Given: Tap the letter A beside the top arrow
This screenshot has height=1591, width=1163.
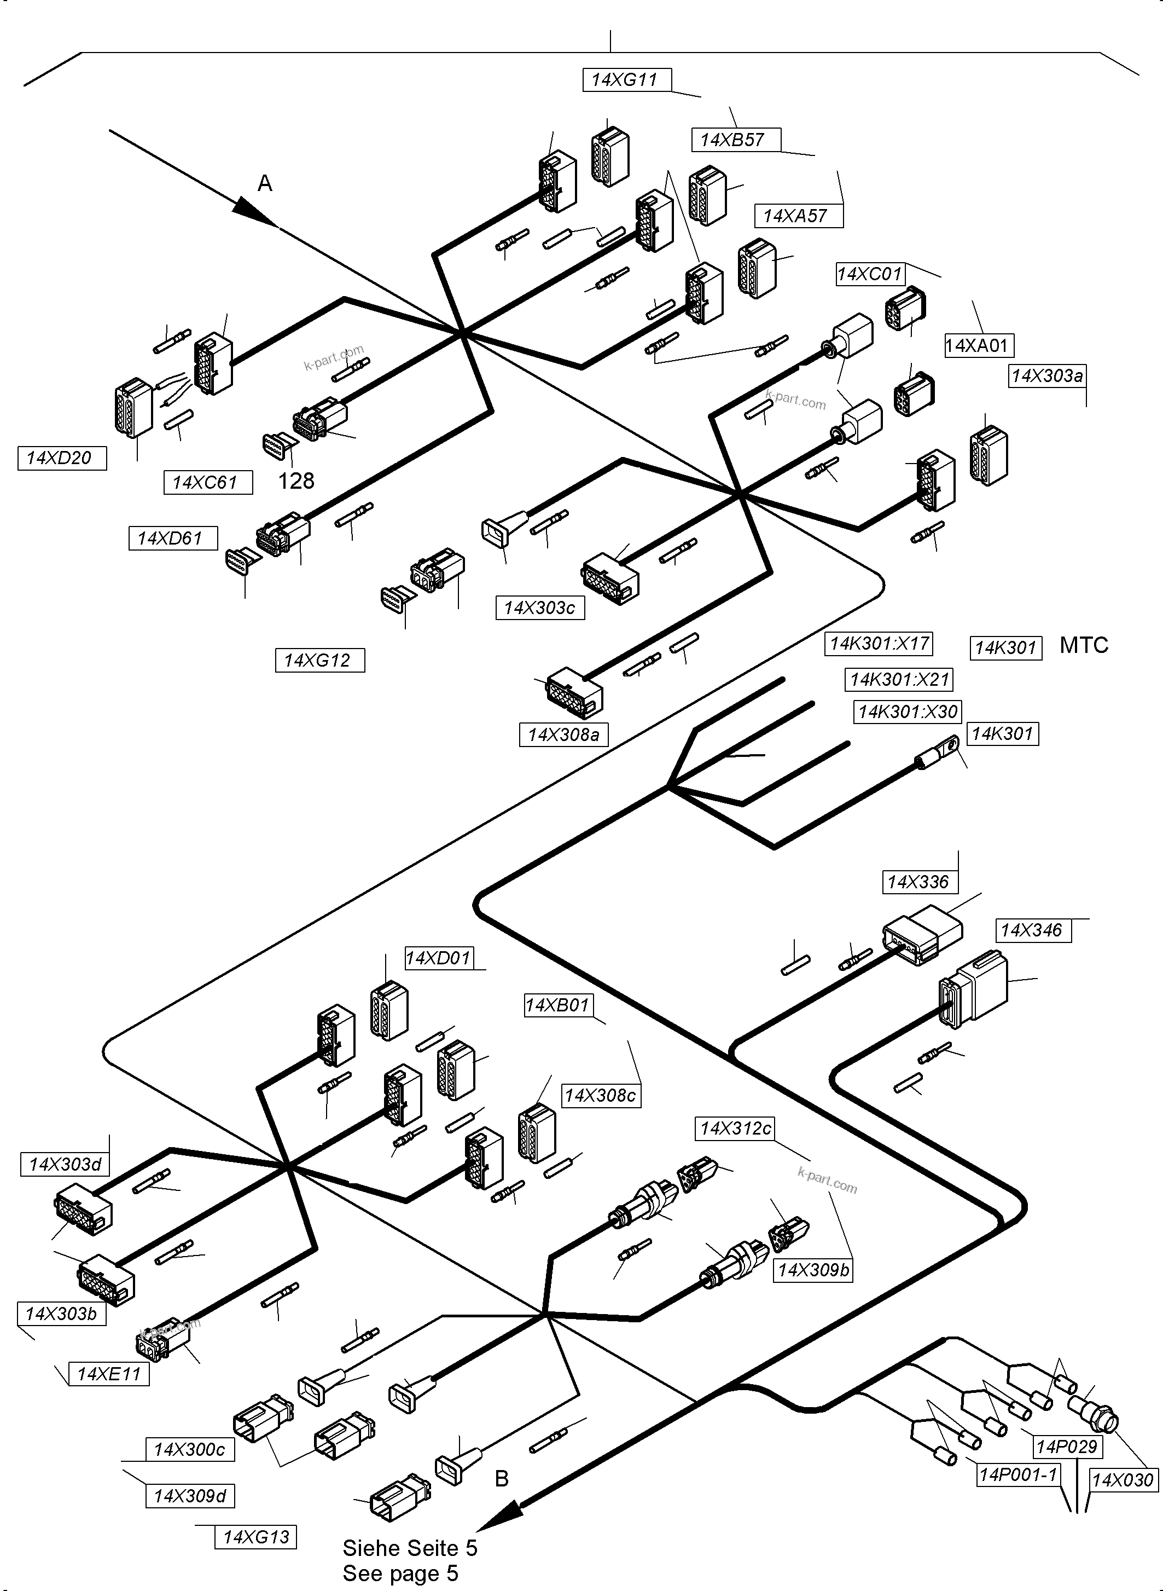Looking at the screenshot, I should (265, 184).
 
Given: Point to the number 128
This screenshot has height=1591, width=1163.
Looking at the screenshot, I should (296, 481).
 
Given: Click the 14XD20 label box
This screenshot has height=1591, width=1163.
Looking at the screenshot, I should (61, 458).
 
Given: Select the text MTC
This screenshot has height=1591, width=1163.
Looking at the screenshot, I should (1084, 645).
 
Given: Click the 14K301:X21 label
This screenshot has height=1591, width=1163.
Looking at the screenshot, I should (899, 680).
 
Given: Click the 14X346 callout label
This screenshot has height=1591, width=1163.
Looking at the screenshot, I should (1033, 930).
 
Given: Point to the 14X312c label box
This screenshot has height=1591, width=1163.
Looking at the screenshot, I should (736, 1129).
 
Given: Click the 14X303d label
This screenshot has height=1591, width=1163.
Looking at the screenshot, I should (66, 1164).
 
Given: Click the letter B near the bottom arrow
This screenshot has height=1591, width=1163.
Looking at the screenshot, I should (501, 1479).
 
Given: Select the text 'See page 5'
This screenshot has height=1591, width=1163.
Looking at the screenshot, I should (400, 1573).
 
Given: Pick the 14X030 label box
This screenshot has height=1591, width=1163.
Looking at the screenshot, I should (1123, 1480).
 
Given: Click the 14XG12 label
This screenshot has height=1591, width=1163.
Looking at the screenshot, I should (319, 660).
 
